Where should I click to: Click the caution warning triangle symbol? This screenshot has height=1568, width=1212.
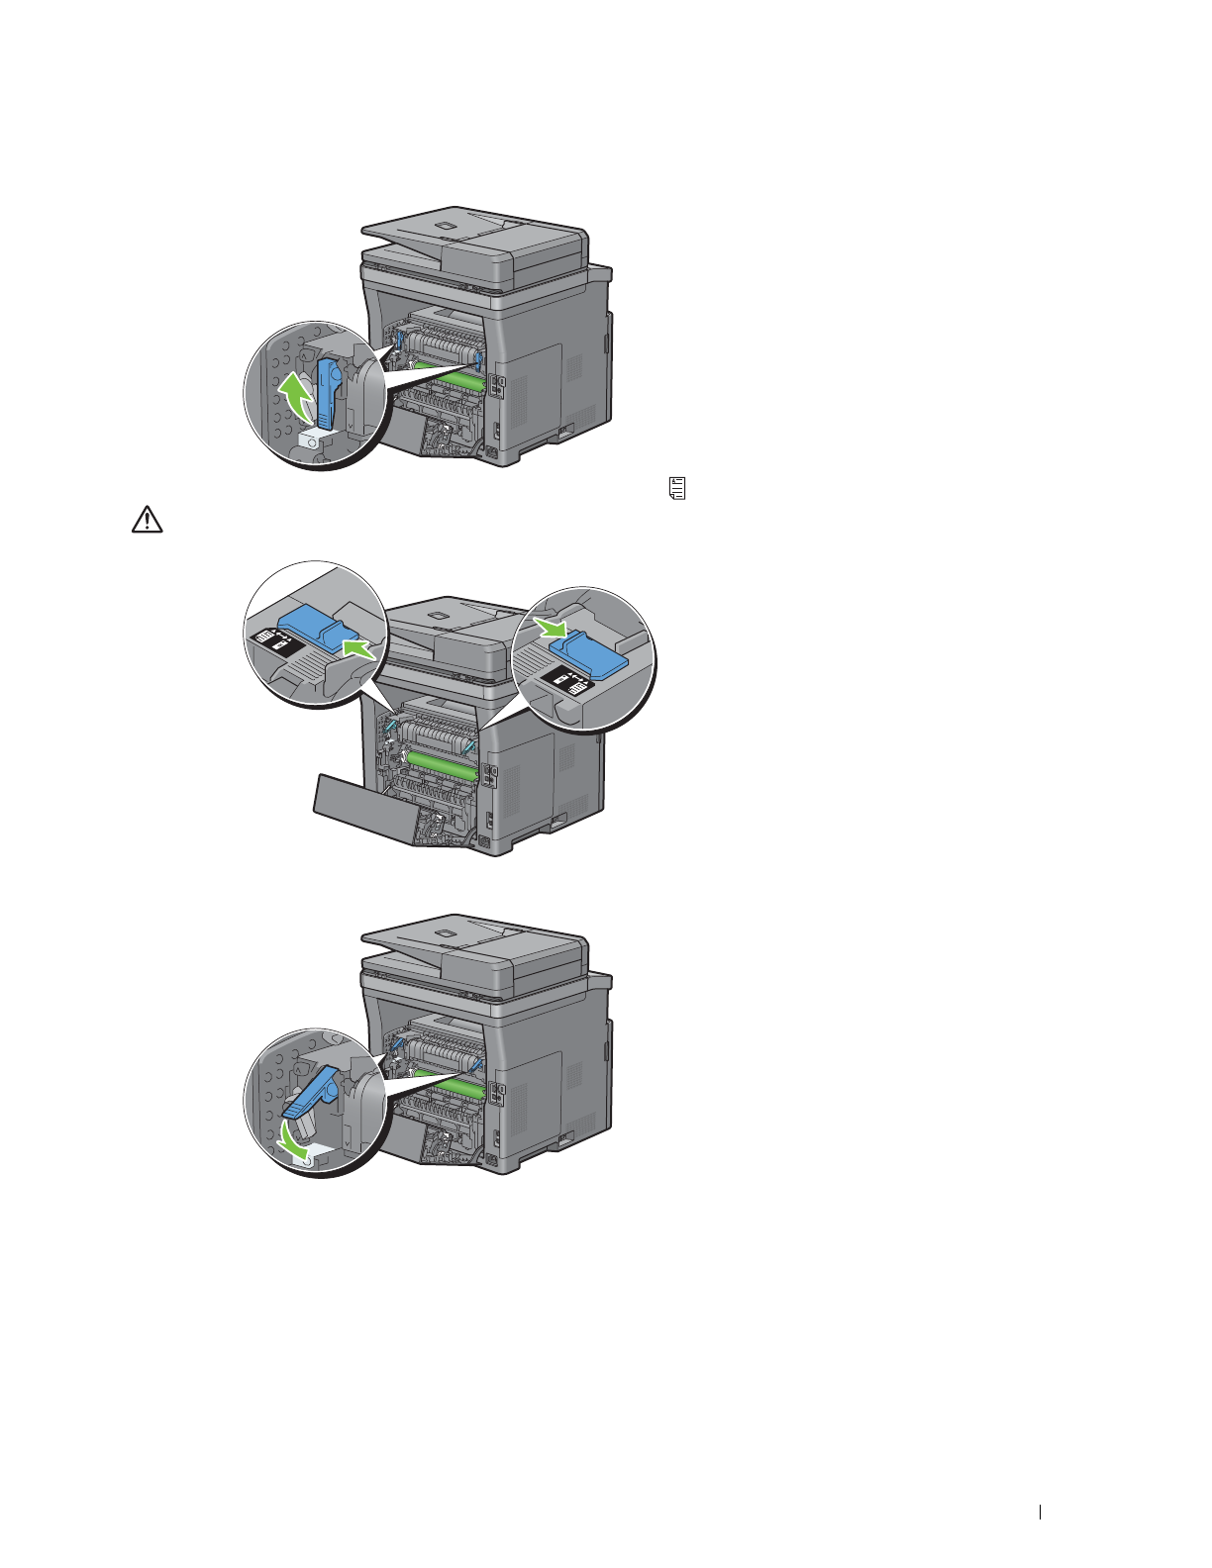point(147,521)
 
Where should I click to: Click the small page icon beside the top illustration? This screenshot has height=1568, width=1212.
point(678,487)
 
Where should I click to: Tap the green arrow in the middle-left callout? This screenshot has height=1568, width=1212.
point(355,649)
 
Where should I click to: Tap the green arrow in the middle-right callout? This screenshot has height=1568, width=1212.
point(550,627)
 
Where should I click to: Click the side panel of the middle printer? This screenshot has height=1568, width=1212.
point(550,782)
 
